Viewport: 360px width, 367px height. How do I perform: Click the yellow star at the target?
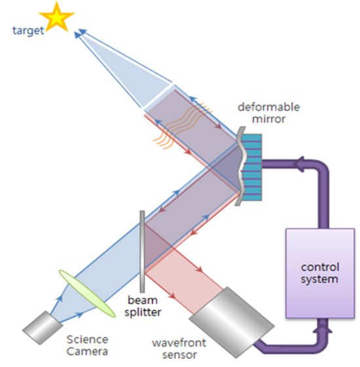coord(57,18)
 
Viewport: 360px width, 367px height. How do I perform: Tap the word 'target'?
coord(28,31)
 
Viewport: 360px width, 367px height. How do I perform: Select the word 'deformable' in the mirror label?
coord(268,107)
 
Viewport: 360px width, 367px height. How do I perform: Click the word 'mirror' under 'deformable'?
coord(268,119)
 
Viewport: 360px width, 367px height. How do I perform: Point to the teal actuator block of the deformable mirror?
coord(251,167)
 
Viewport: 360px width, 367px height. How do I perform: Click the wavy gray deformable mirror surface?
coord(241,166)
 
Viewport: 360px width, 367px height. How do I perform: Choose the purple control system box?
coord(320,273)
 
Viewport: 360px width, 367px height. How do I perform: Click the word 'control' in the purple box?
coord(320,267)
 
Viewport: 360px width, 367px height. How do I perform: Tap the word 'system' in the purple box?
coord(319,279)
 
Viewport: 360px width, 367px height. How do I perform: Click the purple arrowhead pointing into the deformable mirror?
coord(299,164)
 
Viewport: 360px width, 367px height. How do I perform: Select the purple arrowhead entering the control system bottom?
coord(323,326)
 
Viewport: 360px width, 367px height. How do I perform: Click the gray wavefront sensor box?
coord(232,322)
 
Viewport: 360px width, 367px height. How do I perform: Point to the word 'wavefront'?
coord(179,343)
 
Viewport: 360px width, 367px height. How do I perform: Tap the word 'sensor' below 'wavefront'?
coord(179,355)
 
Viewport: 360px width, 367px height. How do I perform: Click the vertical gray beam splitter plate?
coord(142,252)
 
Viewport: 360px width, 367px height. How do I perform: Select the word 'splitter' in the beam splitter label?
coord(143,313)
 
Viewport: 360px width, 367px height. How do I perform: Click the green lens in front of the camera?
coord(87,294)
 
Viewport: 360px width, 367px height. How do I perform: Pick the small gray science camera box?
coord(43,328)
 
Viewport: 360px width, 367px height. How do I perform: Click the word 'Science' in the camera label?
coord(88,339)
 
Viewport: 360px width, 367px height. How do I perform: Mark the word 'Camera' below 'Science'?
coord(87,351)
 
